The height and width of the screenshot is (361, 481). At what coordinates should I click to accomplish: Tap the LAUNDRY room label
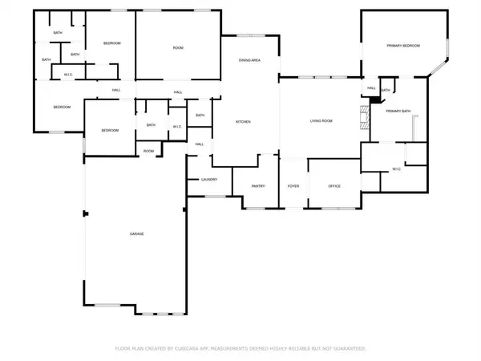coord(209,180)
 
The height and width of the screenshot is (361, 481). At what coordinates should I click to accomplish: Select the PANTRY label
coord(258,186)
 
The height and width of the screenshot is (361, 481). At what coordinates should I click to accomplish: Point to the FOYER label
coord(293,186)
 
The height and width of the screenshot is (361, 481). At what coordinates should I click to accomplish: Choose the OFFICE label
coord(334,186)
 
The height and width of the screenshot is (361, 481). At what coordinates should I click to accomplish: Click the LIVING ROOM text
coord(321,122)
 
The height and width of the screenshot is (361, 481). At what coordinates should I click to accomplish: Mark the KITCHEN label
coord(243,122)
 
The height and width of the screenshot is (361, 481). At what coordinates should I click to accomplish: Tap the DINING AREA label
coord(250,60)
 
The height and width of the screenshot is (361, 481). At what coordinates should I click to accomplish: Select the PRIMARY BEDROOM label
coord(405,46)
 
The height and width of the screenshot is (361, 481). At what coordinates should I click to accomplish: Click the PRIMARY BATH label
coord(397,111)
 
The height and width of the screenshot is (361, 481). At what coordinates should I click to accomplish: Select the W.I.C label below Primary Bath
coord(396,169)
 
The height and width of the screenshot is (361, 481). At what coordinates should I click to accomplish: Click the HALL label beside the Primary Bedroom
coord(371,88)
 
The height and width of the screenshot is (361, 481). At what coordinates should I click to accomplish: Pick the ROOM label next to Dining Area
coord(178,48)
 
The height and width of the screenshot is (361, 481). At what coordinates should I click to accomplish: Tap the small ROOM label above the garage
coord(148,151)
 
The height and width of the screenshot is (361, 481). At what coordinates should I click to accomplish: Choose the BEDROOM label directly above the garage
coord(110,130)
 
